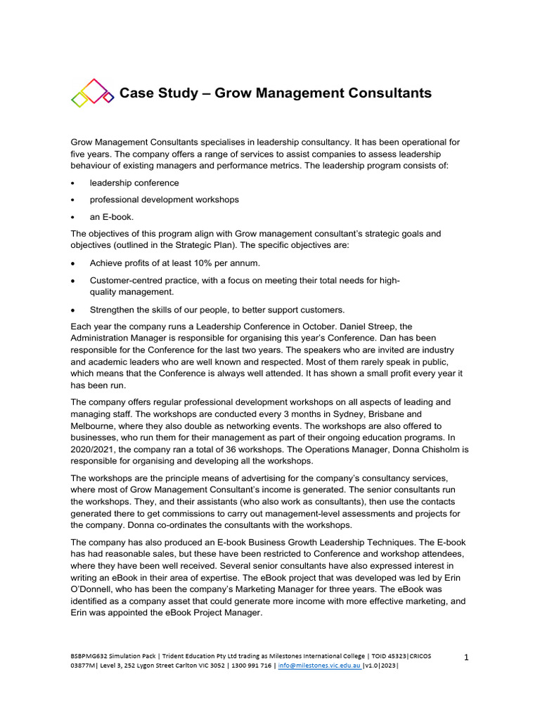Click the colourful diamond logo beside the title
click(92, 92)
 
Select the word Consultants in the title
click(390, 93)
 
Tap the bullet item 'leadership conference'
click(134, 183)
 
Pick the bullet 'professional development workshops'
click(164, 199)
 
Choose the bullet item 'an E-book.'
click(111, 217)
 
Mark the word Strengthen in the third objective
click(114, 310)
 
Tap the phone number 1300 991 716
click(251, 666)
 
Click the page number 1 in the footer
click(467, 657)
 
